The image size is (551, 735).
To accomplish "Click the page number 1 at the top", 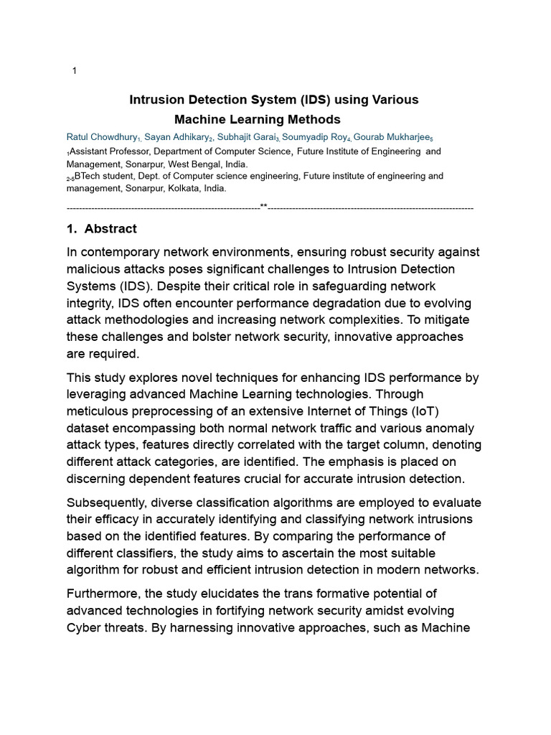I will click(75, 70).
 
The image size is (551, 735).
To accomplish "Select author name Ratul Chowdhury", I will click(101, 137).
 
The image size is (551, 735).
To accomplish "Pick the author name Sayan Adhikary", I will click(176, 137).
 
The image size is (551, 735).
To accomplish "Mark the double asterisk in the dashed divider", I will click(263, 207).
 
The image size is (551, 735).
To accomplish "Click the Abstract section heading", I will click(110, 229).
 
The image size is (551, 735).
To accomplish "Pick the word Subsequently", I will click(108, 502).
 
